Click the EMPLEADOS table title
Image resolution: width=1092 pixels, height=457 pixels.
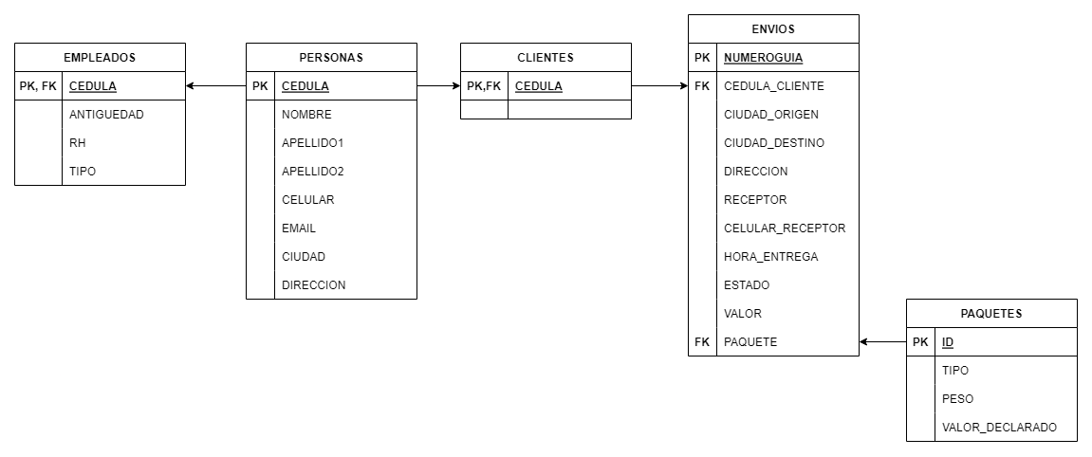(x=100, y=58)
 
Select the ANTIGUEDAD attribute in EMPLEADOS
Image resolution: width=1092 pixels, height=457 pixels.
(x=106, y=115)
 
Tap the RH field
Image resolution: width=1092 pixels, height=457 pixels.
(x=77, y=143)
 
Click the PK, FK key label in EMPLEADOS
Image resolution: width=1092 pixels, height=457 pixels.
(x=38, y=86)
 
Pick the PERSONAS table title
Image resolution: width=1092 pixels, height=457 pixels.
(x=331, y=58)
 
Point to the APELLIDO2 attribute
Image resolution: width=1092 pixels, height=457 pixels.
(x=313, y=172)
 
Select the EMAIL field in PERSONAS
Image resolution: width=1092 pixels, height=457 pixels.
(x=299, y=228)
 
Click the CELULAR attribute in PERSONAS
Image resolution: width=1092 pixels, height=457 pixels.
(x=307, y=200)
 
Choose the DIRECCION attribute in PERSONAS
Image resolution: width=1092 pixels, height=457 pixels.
(x=313, y=285)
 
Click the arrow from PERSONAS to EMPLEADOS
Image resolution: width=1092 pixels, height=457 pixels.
(x=216, y=86)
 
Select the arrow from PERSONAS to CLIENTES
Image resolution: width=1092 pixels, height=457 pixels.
(x=438, y=86)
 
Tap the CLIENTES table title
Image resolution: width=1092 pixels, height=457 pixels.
(x=546, y=58)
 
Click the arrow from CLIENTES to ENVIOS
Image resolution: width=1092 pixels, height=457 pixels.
(x=659, y=86)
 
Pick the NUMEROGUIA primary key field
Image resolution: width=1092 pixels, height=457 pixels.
(x=764, y=58)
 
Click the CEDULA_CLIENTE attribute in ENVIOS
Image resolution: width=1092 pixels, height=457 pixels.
(x=774, y=86)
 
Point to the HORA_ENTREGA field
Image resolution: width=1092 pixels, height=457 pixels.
(x=771, y=257)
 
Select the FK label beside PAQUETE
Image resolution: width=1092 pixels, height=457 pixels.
(x=702, y=342)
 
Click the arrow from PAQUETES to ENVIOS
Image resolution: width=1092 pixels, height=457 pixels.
(x=883, y=342)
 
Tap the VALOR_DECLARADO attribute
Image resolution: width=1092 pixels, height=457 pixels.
(x=999, y=428)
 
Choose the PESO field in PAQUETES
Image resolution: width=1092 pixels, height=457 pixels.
(x=957, y=399)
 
